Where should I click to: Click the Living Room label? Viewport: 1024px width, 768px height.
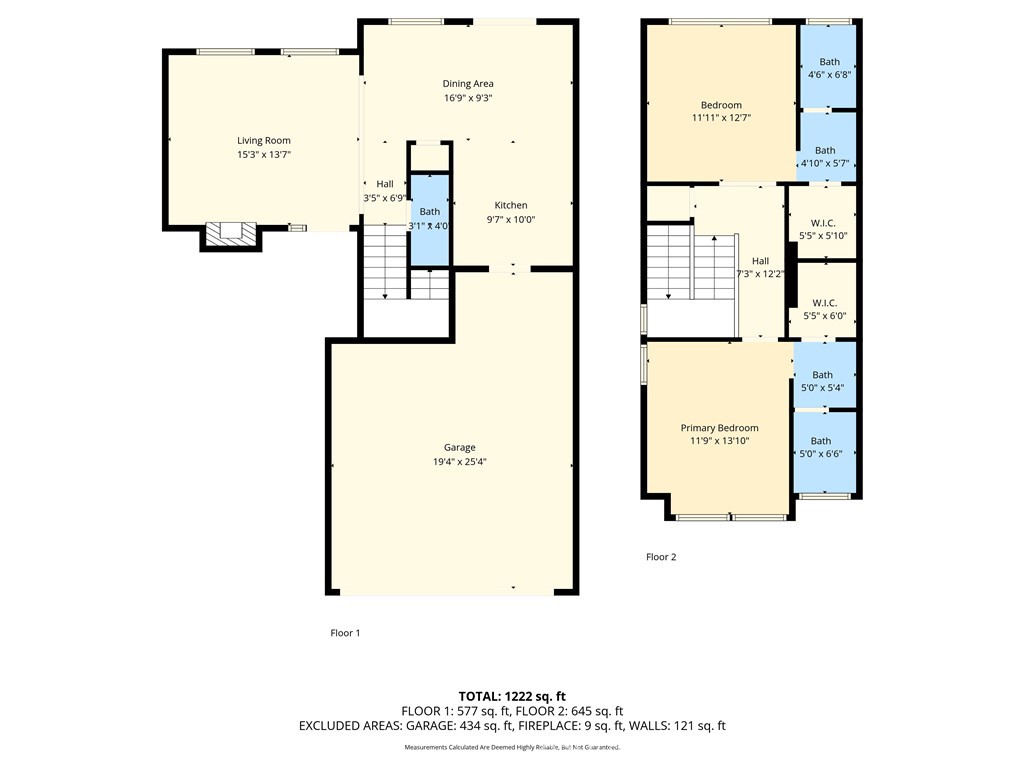[x=263, y=141]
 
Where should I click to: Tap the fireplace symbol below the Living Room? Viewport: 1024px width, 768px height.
[x=231, y=233]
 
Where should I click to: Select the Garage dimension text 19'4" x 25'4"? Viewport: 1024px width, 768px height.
[x=460, y=462]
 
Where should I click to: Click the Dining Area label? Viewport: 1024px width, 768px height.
[x=468, y=84]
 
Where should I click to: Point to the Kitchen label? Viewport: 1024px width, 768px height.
[x=510, y=205]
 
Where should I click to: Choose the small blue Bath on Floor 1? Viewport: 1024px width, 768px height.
[x=430, y=220]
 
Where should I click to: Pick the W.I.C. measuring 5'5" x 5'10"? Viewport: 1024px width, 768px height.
[x=824, y=229]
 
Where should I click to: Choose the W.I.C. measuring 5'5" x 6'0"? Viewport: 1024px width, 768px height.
[x=824, y=309]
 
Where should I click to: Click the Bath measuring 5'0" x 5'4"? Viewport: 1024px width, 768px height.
[x=822, y=381]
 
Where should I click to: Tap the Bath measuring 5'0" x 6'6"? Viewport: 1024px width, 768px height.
[x=821, y=447]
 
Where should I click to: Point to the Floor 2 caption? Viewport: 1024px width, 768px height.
[x=661, y=557]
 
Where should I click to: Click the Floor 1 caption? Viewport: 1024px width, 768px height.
[x=345, y=633]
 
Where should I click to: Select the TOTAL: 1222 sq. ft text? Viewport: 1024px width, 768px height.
[x=512, y=695]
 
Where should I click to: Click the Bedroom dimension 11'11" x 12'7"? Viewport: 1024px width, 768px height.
[x=721, y=118]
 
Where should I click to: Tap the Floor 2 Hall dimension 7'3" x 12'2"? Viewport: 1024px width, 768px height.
[x=761, y=273]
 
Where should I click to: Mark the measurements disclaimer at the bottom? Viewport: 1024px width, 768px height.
[x=512, y=748]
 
